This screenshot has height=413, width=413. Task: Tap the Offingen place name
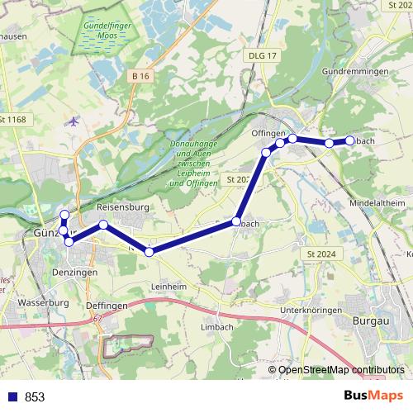pyautogui.click(x=268, y=133)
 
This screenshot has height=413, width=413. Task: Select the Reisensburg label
pyautogui.click(x=122, y=207)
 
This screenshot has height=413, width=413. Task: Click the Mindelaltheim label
pyautogui.click(x=377, y=202)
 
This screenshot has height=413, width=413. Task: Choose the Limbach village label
pyautogui.click(x=217, y=327)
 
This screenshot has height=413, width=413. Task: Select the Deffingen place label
pyautogui.click(x=104, y=305)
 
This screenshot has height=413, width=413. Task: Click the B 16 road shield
pyautogui.click(x=140, y=76)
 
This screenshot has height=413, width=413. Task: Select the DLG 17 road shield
pyautogui.click(x=261, y=55)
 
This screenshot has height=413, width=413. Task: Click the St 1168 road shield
pyautogui.click(x=13, y=120)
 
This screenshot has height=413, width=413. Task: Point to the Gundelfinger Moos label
pyautogui.click(x=106, y=33)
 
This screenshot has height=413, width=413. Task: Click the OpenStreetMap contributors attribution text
pyautogui.click(x=341, y=370)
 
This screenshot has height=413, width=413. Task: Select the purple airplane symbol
pyautogui.click(x=74, y=121)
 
